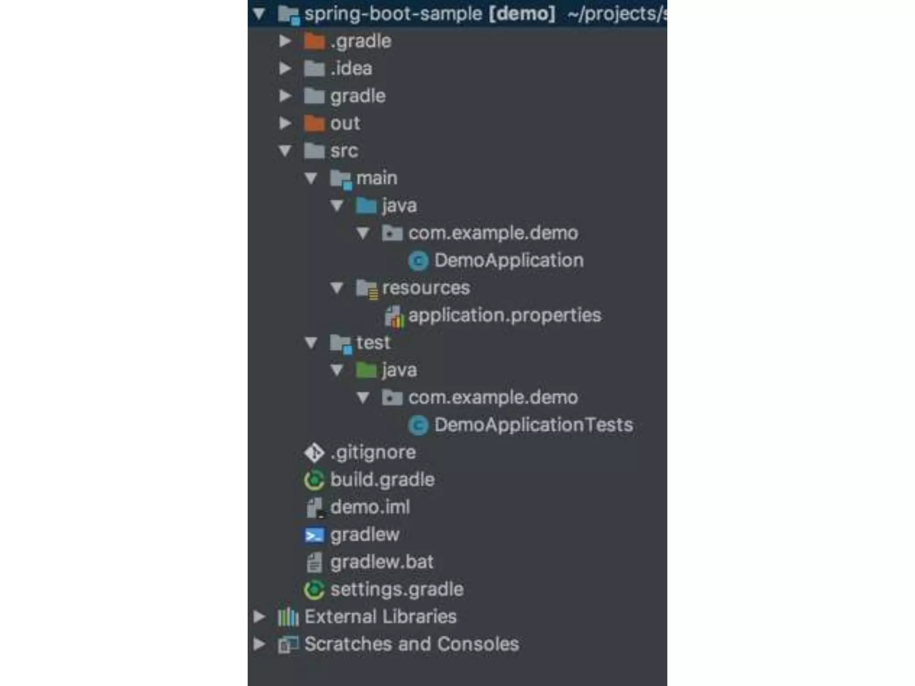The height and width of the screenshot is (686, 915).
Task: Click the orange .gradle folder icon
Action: pos(314,42)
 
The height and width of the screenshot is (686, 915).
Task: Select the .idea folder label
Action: pos(351,69)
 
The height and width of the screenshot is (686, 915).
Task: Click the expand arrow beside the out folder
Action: pos(285,123)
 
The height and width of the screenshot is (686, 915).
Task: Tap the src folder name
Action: pos(344,151)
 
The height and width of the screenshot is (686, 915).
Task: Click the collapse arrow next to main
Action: pos(311,179)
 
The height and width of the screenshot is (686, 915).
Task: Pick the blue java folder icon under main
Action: pos(366,206)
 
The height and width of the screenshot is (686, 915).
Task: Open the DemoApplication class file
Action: pos(508,260)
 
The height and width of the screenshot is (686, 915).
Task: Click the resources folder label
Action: pos(426,288)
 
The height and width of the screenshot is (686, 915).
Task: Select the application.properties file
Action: pos(504,315)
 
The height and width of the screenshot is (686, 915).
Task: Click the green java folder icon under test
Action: pos(366,370)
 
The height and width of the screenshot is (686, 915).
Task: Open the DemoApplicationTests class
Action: pos(533,425)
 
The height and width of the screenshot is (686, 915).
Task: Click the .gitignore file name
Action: pos(373,452)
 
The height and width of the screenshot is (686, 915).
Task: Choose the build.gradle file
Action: pos(382,480)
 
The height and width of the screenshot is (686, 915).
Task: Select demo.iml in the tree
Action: pos(370,507)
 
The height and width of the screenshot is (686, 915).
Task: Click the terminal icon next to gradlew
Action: pos(314,535)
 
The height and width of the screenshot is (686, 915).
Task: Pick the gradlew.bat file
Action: pos(382,562)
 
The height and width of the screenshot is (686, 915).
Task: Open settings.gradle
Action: pos(397,590)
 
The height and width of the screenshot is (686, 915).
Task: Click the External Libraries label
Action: pos(380,617)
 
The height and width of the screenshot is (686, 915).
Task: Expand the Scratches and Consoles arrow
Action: pos(259,644)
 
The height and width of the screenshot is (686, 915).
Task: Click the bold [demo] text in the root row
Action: pos(522,14)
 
